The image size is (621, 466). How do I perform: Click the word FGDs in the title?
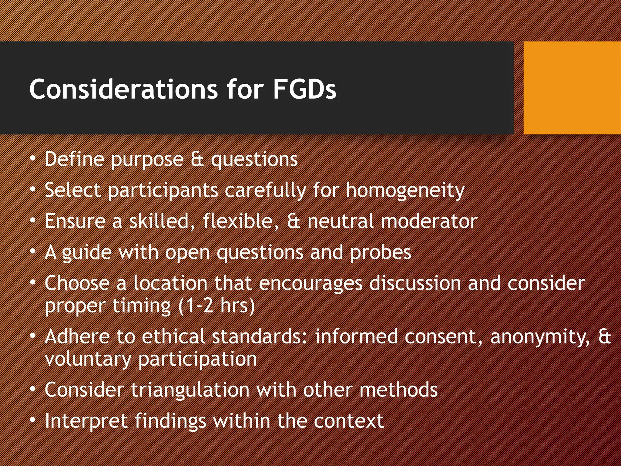point(304,89)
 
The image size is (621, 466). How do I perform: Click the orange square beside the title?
point(572,88)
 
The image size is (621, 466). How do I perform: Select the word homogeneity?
point(405,191)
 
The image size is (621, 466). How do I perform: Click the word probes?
point(381,252)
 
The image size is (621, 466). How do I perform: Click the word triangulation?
point(190,390)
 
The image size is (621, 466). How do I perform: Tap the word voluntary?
point(88,360)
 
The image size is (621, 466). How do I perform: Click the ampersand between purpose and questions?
point(197,160)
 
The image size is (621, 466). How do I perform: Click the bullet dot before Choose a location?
point(33,282)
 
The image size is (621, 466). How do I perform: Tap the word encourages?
point(310,284)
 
